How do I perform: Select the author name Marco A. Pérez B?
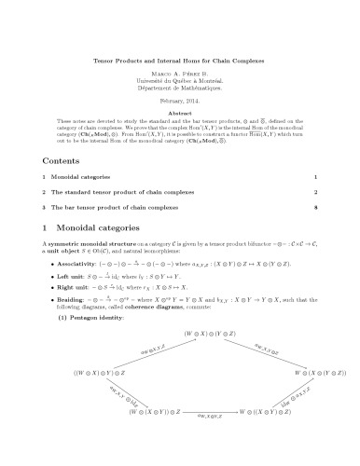[x=180, y=75]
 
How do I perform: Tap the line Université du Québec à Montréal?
[x=180, y=83]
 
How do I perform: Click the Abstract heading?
[x=180, y=113]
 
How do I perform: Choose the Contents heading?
[x=59, y=160]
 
